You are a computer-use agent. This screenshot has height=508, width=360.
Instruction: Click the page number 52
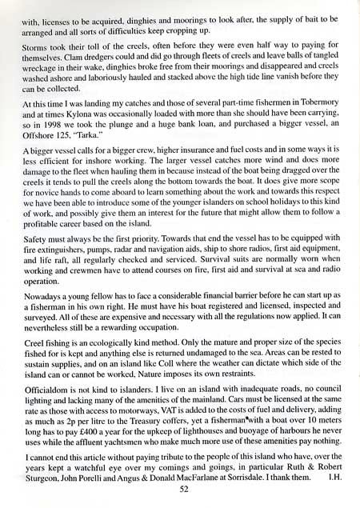(184, 489)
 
